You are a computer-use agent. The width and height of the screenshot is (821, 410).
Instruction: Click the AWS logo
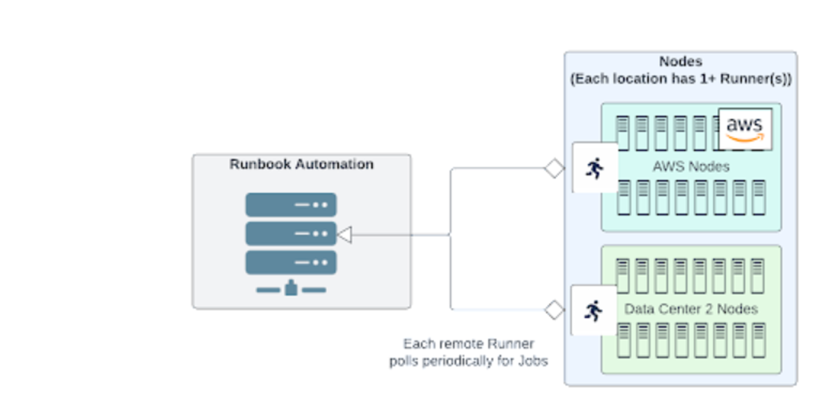pyautogui.click(x=745, y=129)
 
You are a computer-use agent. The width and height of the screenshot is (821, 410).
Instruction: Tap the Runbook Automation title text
pyautogui.click(x=301, y=164)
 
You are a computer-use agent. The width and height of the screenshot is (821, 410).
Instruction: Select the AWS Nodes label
pyautogui.click(x=691, y=167)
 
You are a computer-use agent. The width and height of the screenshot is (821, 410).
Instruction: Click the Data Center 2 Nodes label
pyautogui.click(x=691, y=309)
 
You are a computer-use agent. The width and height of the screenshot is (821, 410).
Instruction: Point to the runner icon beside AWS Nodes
pyautogui.click(x=594, y=168)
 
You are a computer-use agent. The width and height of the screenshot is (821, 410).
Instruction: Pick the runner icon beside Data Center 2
pyautogui.click(x=594, y=311)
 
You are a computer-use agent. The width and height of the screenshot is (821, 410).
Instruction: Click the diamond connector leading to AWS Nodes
pyautogui.click(x=554, y=168)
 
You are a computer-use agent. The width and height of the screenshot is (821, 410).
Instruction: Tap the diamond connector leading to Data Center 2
pyautogui.click(x=554, y=310)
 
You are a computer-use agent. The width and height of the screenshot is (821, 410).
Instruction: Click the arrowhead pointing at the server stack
pyautogui.click(x=345, y=235)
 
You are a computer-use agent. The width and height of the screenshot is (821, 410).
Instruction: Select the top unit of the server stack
pyautogui.click(x=291, y=204)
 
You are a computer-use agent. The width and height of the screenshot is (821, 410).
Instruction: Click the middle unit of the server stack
pyautogui.click(x=291, y=234)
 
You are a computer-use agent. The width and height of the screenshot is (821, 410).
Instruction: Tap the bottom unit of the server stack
pyautogui.click(x=291, y=262)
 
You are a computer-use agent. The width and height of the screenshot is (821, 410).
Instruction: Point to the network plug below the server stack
pyautogui.click(x=291, y=288)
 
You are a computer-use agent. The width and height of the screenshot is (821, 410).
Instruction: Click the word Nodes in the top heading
pyautogui.click(x=680, y=62)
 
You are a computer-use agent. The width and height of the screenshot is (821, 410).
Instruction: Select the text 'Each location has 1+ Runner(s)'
pyautogui.click(x=681, y=79)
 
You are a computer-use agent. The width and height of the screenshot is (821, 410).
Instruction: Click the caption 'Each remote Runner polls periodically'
pyautogui.click(x=468, y=352)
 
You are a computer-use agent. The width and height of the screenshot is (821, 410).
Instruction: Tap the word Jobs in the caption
pyautogui.click(x=532, y=361)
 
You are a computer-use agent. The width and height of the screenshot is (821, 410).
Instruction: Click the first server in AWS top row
pyautogui.click(x=623, y=133)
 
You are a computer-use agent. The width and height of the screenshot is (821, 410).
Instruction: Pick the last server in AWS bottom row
pyautogui.click(x=759, y=197)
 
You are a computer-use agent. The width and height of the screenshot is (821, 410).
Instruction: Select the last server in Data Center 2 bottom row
pyautogui.click(x=759, y=340)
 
